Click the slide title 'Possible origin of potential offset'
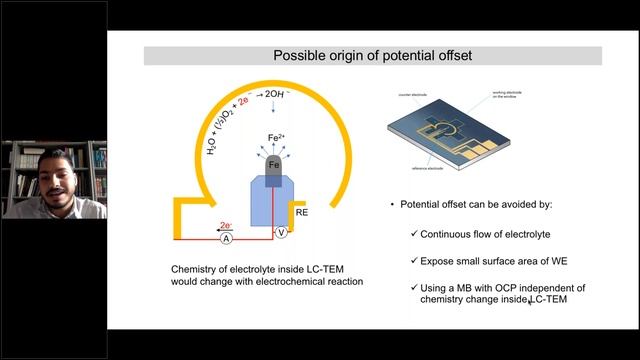click(373, 56)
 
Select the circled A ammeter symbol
click(226, 239)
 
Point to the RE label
click(301, 212)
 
